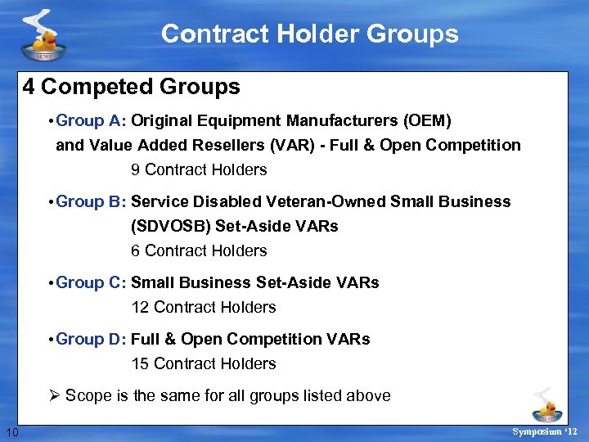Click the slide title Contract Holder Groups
(309, 34)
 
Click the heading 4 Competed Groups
(132, 87)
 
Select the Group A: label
(92, 121)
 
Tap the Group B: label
(92, 201)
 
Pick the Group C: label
(92, 282)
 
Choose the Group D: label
(92, 339)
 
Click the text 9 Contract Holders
(199, 170)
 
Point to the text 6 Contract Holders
(199, 250)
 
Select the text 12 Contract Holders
(204, 308)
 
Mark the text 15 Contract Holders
(204, 363)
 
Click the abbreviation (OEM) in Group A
(426, 121)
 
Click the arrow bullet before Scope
(55, 396)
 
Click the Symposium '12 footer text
(544, 431)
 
